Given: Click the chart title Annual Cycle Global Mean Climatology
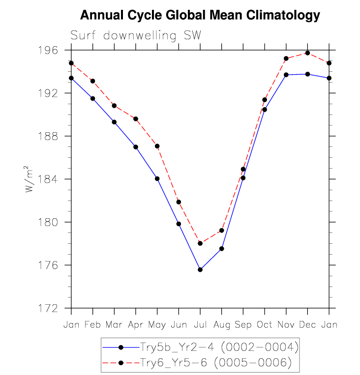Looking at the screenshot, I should click(x=200, y=15).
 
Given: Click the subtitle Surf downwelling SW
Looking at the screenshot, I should click(x=136, y=36).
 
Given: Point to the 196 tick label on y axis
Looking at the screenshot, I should click(x=51, y=50).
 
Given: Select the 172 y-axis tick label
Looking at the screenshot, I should click(x=51, y=308).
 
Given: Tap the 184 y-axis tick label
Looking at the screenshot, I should click(x=51, y=179).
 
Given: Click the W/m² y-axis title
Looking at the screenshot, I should click(x=31, y=179).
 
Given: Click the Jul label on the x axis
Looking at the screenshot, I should click(x=200, y=325).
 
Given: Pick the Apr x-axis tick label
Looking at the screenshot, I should click(x=136, y=325).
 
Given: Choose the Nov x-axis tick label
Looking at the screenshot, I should click(x=286, y=325).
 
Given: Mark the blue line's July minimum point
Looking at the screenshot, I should click(x=200, y=269).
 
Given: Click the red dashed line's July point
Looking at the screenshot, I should click(x=200, y=243).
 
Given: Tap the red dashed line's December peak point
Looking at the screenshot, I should click(x=307, y=53).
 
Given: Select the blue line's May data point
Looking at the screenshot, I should click(x=157, y=178).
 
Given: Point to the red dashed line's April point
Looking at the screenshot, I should click(x=136, y=119).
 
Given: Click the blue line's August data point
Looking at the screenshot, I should click(x=222, y=249).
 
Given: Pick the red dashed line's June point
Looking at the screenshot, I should click(x=179, y=202).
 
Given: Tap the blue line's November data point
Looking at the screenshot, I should click(x=286, y=75).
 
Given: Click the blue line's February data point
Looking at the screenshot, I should click(x=92, y=99).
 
